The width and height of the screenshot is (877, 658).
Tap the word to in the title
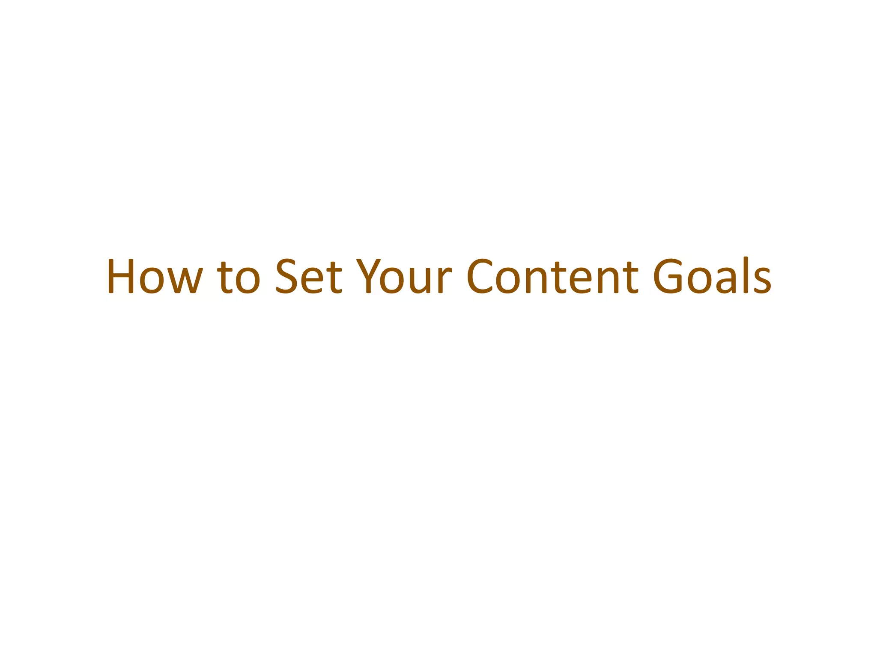[x=239, y=278]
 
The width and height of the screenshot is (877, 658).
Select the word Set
[x=308, y=276]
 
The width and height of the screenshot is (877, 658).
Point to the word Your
[x=404, y=276]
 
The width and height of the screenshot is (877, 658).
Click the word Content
[x=552, y=276]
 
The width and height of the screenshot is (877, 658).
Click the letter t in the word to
[x=225, y=278]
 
